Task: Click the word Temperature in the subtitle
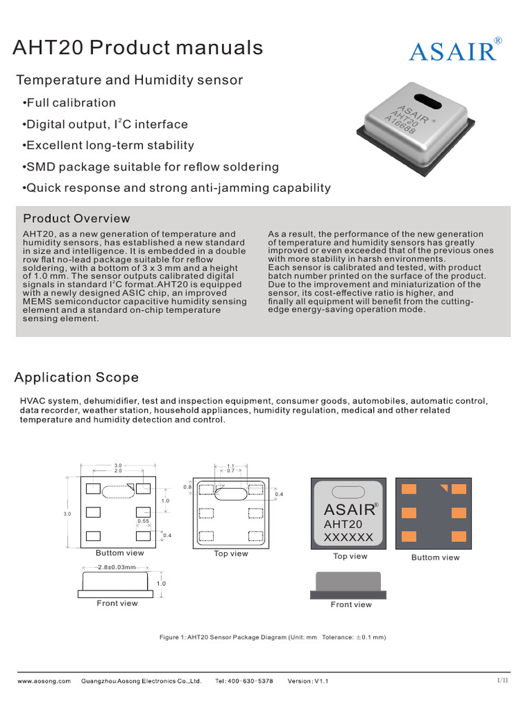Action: coord(56,80)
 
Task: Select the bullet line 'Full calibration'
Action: coord(69,103)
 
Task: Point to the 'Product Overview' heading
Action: coord(76,219)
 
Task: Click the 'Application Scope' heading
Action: coord(76,377)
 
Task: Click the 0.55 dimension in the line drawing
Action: coord(143,522)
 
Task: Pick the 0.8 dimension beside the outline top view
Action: coord(187,487)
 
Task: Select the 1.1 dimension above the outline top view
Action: coord(231,466)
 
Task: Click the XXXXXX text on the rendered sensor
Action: coord(348,538)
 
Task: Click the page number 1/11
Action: coord(502,681)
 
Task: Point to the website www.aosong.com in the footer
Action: coord(44,681)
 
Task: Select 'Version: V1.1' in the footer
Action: coord(308,681)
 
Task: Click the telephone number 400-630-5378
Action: coord(244,681)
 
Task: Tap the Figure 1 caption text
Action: coord(272,637)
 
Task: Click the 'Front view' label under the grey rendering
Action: coord(351,605)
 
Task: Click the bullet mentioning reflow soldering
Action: coord(151,167)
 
